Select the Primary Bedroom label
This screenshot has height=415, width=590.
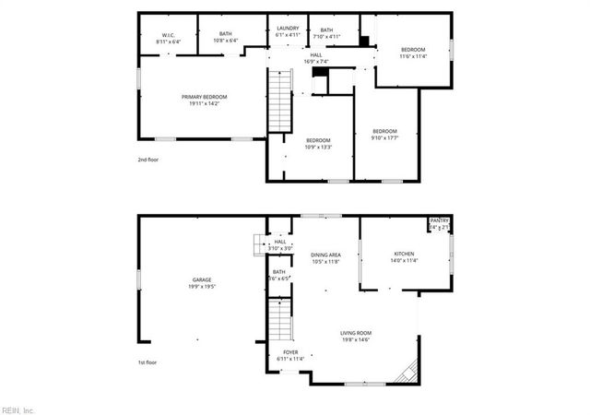point(204,97)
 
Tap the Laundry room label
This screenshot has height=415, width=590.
point(288,29)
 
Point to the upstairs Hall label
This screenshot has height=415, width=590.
point(316,55)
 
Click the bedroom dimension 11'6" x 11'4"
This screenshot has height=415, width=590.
point(413,56)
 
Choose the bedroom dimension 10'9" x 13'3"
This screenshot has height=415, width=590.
point(319,147)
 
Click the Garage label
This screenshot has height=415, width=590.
point(203,279)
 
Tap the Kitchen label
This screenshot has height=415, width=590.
point(404,254)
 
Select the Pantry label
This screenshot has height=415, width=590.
point(439,220)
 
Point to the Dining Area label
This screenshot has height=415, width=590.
point(325,255)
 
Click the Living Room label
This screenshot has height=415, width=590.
point(356,333)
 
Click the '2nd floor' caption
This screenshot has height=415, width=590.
point(147,160)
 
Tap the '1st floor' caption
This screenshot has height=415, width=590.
point(147,362)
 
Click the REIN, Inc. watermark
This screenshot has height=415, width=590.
point(18,409)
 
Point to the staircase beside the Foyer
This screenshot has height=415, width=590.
point(279,321)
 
